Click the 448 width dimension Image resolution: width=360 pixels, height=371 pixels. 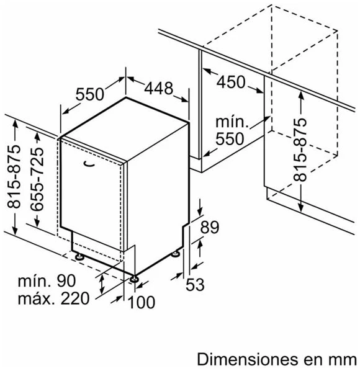pos(158,88)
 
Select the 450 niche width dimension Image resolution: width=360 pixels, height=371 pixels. pos(231,82)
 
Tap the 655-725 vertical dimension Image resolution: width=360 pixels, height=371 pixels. pos(37,179)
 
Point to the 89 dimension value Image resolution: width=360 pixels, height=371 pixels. pos(210,227)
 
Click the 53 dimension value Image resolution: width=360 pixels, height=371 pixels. pos(195,284)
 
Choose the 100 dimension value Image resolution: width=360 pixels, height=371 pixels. pos(142,302)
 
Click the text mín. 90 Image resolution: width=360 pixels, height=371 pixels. pos(47,281)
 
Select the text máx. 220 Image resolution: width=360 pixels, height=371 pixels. pos(54,298)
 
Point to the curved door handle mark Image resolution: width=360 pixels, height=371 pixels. pos(89,164)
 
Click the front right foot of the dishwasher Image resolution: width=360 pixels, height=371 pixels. pos(134,279)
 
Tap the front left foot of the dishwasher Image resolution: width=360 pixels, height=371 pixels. pos(79,256)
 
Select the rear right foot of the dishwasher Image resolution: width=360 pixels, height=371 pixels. pos(176,254)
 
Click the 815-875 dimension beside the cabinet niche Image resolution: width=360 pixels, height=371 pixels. pos(300,150)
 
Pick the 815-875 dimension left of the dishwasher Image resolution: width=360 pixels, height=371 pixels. pos(14,177)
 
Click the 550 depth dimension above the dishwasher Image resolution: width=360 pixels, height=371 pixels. pos(90,94)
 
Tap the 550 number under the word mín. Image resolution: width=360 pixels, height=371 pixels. pos(230,138)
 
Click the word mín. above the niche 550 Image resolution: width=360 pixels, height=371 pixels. pos(232,122)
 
